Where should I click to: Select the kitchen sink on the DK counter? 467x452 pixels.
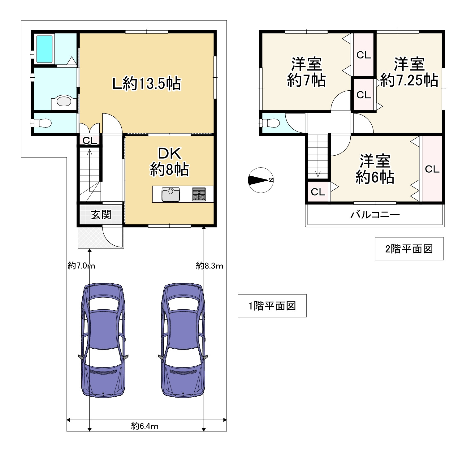click(171, 194)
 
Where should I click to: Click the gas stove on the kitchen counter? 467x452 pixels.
click(199, 194)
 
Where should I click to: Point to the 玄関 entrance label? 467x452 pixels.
click(101, 214)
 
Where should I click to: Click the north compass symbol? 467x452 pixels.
click(261, 180)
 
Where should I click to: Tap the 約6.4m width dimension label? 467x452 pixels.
click(145, 426)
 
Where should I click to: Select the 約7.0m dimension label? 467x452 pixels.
click(81, 265)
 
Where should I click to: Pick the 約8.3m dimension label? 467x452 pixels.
click(210, 265)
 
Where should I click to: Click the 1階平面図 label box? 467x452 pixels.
click(272, 306)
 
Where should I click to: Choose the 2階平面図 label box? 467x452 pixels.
click(409, 249)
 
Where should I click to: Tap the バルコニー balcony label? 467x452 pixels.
click(375, 214)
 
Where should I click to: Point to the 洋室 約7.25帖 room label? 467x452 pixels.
click(409, 72)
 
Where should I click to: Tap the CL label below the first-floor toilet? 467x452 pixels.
click(90, 141)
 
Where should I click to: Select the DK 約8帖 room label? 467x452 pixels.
click(170, 161)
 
